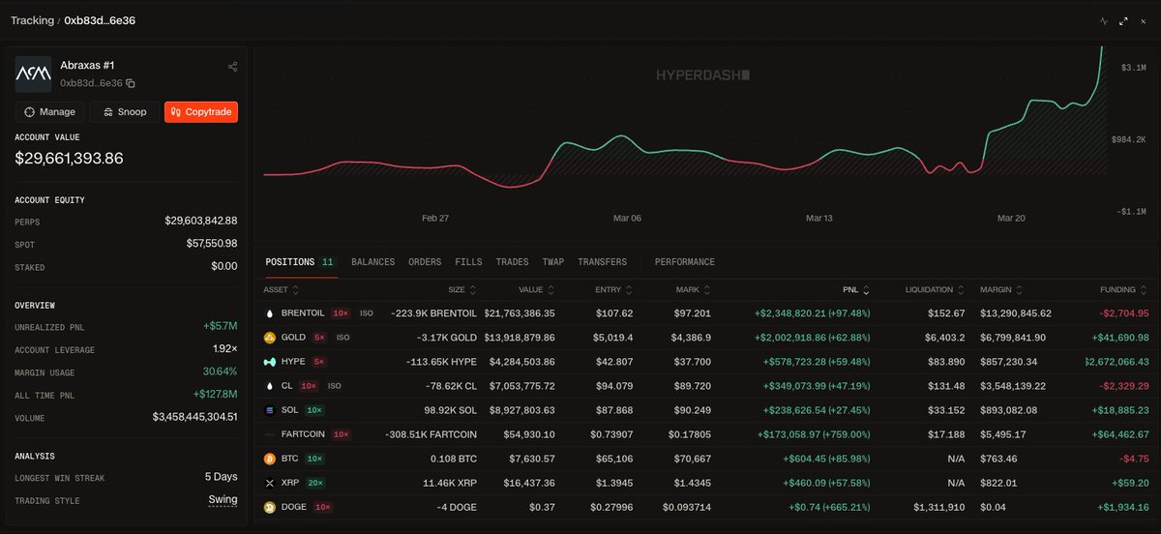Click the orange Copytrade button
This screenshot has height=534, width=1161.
tap(201, 112)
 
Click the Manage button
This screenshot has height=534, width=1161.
tap(50, 112)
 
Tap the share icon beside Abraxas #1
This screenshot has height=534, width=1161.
tap(232, 67)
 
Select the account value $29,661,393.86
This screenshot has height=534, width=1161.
tap(69, 159)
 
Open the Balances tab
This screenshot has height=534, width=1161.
tap(372, 262)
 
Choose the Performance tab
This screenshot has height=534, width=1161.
tap(684, 262)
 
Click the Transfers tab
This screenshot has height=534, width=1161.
tap(602, 262)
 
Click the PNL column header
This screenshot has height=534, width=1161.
tap(852, 290)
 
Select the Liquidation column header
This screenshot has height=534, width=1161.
tap(929, 290)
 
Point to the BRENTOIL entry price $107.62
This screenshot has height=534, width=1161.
tap(614, 313)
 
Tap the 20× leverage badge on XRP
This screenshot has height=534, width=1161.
tap(316, 483)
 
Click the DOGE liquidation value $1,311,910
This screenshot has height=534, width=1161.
tap(938, 507)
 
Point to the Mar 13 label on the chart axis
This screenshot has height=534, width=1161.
tap(819, 219)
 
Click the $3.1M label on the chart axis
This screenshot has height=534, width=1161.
tap(1134, 68)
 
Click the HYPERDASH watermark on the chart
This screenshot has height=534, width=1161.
tap(702, 74)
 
